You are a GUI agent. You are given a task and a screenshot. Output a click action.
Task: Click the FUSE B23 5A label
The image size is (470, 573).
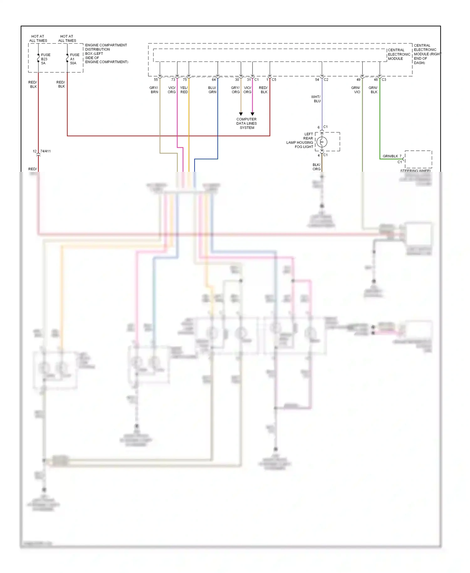pos(45,59)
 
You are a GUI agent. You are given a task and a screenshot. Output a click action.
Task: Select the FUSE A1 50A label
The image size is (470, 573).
pos(74,59)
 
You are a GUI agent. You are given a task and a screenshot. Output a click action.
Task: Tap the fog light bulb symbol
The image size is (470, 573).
pos(322,142)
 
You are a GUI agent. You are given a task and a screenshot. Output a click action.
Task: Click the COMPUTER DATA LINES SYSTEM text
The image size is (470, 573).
pos(247,124)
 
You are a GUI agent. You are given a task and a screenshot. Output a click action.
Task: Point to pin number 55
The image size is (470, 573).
pos(156,80)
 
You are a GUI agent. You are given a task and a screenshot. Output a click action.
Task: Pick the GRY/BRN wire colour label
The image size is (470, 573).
pos(154,90)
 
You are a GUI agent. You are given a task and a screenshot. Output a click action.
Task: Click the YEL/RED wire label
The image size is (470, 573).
pos(184,90)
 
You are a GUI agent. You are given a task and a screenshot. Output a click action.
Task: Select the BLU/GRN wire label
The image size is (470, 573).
pos(212,90)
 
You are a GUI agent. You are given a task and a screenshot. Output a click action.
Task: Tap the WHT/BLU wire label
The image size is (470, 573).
pos(316,99)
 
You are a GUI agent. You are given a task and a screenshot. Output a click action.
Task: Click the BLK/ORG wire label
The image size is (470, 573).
pos(316,167)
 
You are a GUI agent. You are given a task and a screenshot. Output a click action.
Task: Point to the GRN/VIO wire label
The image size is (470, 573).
pos(356,90)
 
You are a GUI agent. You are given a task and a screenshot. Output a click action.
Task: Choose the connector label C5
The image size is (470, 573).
pos(274,80)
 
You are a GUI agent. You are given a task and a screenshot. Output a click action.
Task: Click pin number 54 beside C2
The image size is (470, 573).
pos(317,80)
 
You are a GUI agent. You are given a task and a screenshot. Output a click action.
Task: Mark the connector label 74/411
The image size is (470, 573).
pos(45,151)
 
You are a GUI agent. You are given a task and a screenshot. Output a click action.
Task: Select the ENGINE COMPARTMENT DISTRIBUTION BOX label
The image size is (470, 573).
pos(106,54)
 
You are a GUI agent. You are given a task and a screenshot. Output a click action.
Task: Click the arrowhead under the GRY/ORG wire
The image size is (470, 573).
pos(241,114)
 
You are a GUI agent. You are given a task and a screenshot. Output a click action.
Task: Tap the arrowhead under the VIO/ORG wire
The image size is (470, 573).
pos(252,114)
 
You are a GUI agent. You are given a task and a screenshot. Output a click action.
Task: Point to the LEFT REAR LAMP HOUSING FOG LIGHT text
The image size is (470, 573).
pos(300,140)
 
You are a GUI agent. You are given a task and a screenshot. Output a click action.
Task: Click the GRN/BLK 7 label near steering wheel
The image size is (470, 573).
pos(392,156)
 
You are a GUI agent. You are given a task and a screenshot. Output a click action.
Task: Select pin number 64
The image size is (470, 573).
pos(214,80)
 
